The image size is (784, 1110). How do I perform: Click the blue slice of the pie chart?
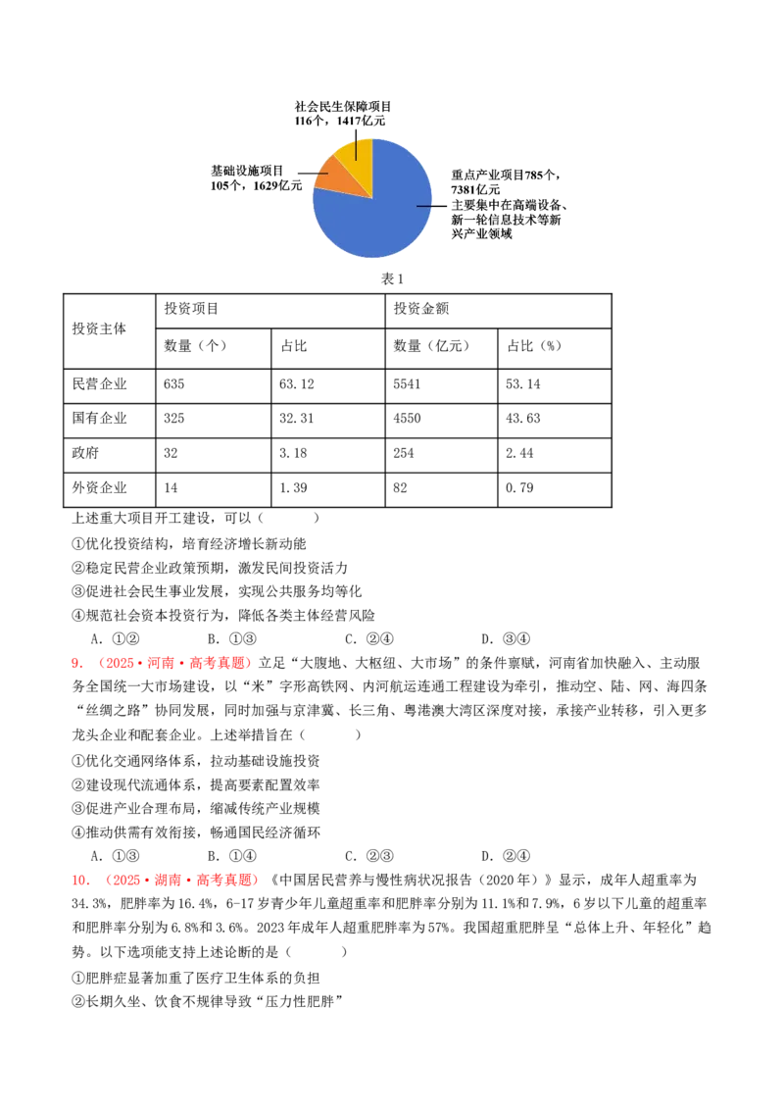pyautogui.click(x=382, y=213)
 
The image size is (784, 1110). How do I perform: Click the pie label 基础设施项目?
pyautogui.click(x=247, y=171)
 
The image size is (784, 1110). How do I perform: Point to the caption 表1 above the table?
pyautogui.click(x=392, y=278)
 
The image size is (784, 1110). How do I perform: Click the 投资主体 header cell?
pyautogui.click(x=99, y=328)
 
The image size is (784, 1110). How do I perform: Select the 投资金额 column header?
pyautogui.click(x=421, y=309)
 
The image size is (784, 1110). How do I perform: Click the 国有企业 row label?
pyautogui.click(x=99, y=419)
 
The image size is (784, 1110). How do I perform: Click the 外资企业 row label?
pyautogui.click(x=99, y=487)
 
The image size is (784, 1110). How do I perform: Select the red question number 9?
pyautogui.click(x=77, y=663)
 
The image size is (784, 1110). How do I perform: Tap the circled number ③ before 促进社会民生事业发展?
pyautogui.click(x=77, y=592)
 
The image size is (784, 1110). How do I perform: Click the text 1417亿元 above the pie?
pyautogui.click(x=361, y=121)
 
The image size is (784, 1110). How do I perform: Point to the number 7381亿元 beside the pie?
pyautogui.click(x=475, y=189)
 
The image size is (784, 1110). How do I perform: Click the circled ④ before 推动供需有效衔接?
pyautogui.click(x=77, y=832)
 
